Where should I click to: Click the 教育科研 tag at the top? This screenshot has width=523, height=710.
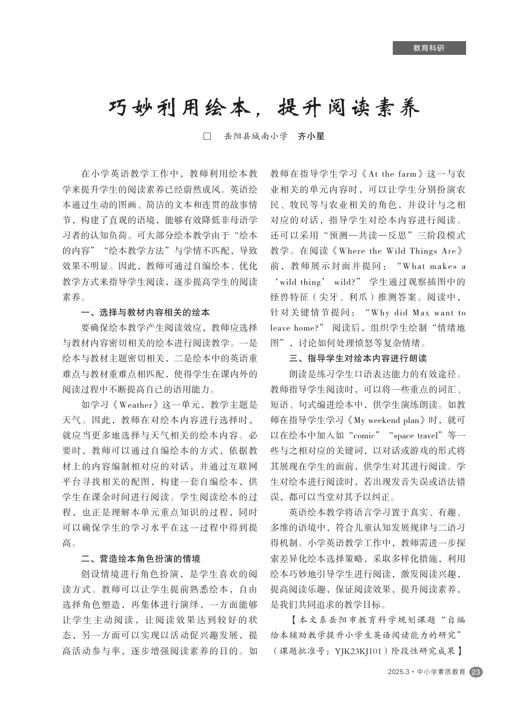tap(429, 48)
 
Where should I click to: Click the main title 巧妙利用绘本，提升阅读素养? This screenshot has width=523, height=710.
tap(264, 108)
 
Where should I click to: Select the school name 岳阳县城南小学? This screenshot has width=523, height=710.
tap(255, 136)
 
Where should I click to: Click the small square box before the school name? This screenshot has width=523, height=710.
tap(207, 136)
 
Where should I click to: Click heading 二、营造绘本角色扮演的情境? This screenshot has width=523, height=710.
tap(140, 559)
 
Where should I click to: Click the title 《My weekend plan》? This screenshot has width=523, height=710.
tap(388, 420)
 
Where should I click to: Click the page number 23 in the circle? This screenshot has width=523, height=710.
tap(476, 672)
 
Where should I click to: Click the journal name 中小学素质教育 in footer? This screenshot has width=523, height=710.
tap(441, 672)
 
